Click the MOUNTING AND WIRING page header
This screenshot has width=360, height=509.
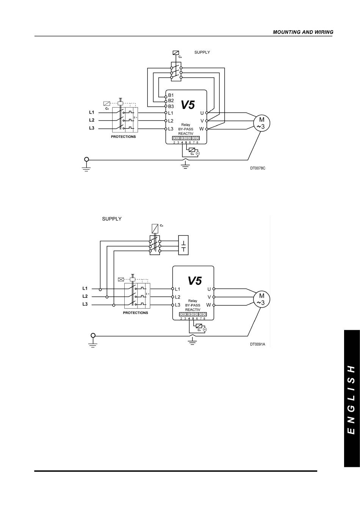coord(303,32)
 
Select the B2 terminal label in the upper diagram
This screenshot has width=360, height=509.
coord(171,101)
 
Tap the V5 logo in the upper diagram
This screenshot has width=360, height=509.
coord(188,105)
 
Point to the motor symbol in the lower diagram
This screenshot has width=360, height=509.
coord(261,300)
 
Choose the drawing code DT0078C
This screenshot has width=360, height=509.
coord(257,168)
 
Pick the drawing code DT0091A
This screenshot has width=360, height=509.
coord(257,344)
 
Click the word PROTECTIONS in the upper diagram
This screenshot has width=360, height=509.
coord(123,137)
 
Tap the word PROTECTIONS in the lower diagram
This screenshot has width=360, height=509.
coord(135,313)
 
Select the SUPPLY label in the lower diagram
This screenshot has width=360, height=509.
coord(112,219)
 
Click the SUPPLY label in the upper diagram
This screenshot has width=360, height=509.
coord(202,52)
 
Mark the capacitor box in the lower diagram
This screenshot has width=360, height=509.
coord(183,245)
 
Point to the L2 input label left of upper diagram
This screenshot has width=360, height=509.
coord(92,120)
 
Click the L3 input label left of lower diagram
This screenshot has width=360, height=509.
coord(85,304)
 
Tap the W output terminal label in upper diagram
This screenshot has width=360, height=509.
coord(202,129)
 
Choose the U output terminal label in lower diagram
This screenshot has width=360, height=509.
coord(209,289)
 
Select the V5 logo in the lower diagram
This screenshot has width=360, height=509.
coord(194,281)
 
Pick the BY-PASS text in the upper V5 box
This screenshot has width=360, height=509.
coord(186,129)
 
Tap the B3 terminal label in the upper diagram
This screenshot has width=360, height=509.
coord(171,106)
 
